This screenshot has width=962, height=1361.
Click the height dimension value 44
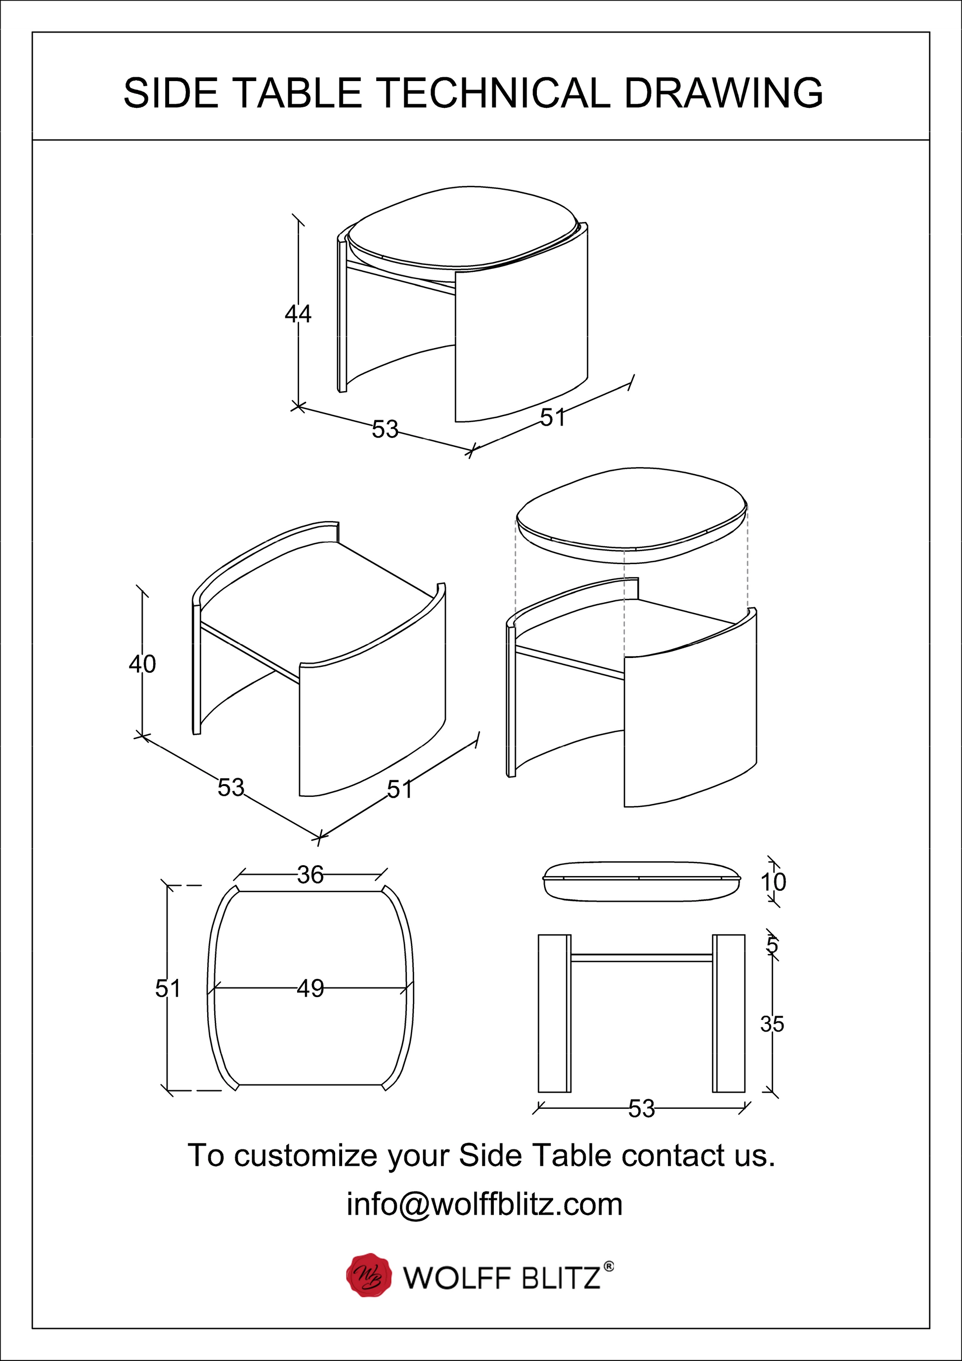[298, 313]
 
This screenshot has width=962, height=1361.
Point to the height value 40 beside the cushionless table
[142, 664]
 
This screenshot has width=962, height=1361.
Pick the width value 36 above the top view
[310, 875]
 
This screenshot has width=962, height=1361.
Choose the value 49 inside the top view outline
[310, 988]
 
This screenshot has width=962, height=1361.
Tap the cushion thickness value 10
[773, 882]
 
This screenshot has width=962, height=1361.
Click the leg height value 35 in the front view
[772, 1024]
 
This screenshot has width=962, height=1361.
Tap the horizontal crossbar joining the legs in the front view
[641, 957]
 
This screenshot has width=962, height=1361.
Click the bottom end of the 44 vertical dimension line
[298, 407]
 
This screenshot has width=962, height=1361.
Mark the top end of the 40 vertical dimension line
[142, 591]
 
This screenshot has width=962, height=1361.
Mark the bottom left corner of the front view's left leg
[538, 1092]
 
